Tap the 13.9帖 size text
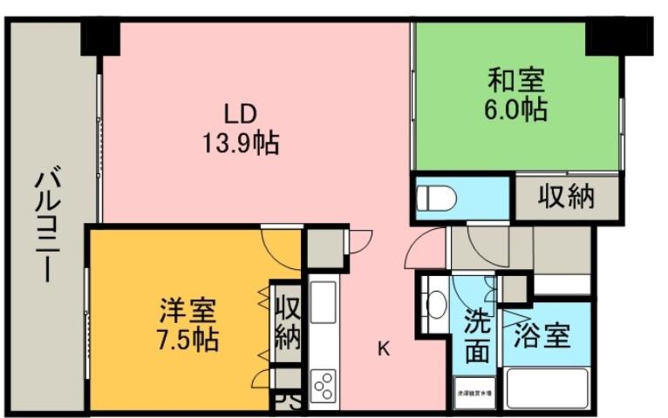(241, 142)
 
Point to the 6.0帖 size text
(515, 111)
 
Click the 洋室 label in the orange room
(187, 309)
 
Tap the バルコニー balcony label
(47, 225)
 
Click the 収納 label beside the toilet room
(565, 197)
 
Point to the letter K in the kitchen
(384, 349)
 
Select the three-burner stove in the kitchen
(323, 383)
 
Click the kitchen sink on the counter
(323, 302)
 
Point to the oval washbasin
(435, 304)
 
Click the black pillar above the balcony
(101, 37)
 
